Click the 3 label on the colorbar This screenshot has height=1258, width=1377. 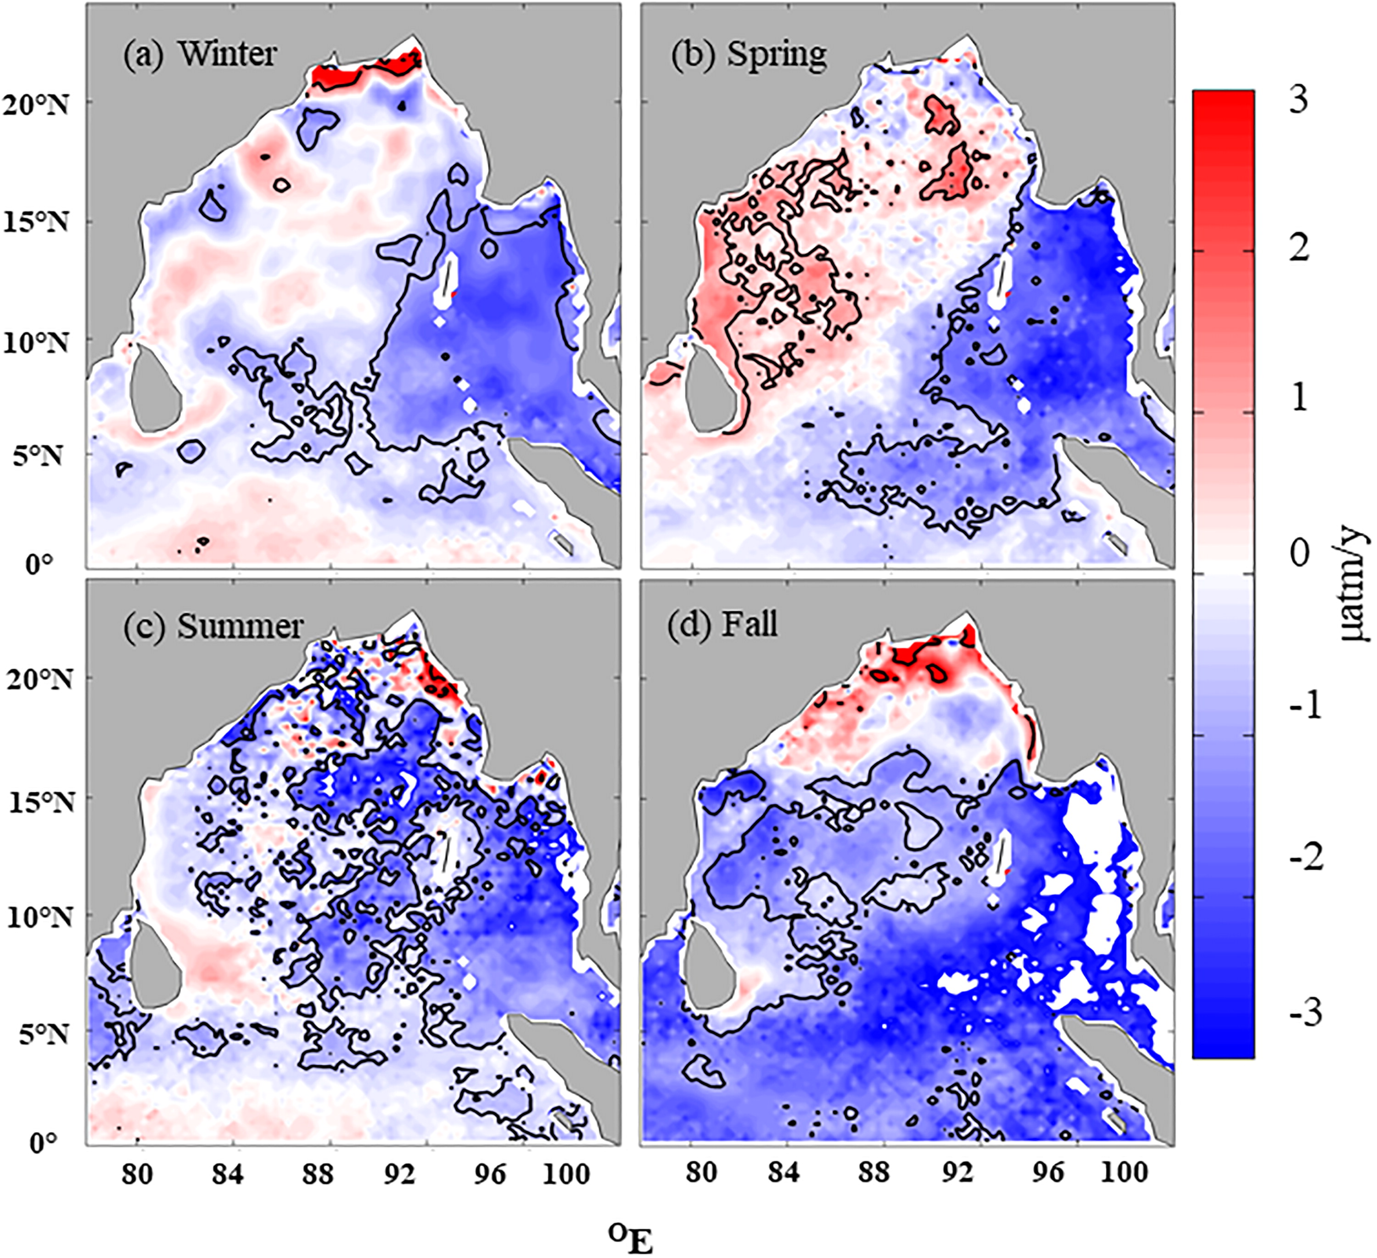[x=1297, y=100]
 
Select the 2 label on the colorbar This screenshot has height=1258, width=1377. [x=1298, y=249]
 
